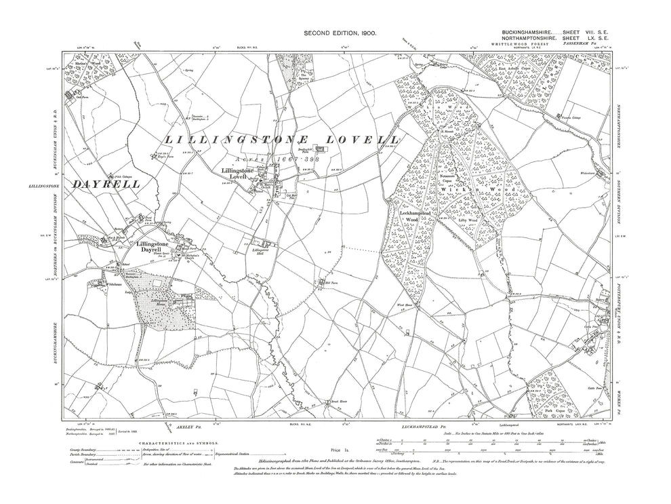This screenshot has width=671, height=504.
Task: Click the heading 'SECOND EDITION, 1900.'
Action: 345,33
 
